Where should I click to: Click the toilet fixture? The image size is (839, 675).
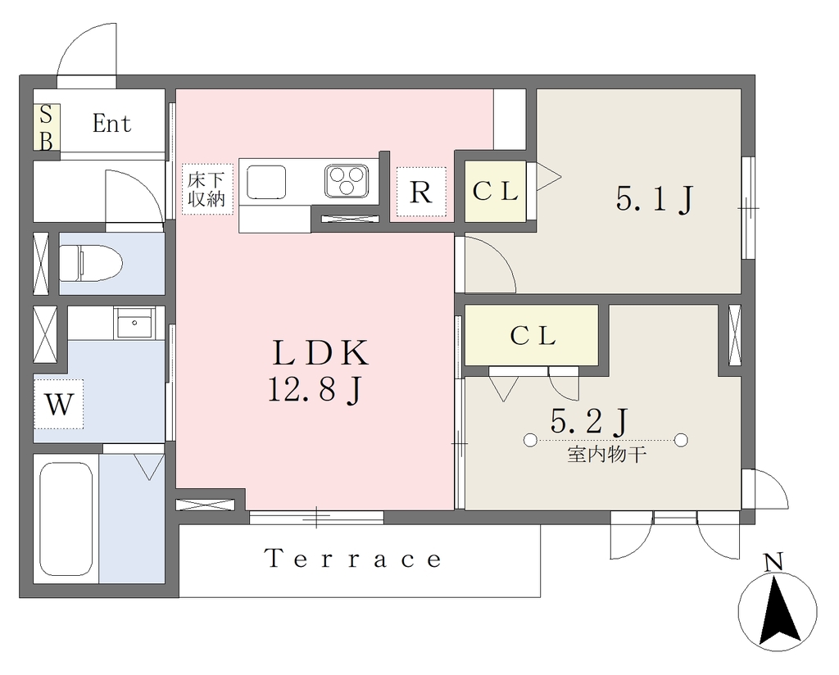(x=90, y=263)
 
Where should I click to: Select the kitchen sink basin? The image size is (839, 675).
(x=266, y=182)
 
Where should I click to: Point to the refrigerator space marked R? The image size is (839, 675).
(x=421, y=192)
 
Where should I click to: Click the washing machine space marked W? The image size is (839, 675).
(x=59, y=404)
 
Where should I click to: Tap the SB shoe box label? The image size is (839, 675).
(x=47, y=128)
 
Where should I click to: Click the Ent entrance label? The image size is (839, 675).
(x=111, y=124)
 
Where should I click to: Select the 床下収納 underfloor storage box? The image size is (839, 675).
(x=207, y=188)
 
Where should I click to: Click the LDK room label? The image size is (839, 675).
(x=320, y=353)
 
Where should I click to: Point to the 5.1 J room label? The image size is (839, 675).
(x=655, y=199)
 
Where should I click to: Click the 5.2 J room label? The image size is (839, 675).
(x=588, y=422)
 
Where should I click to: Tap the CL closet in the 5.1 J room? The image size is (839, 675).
(x=496, y=191)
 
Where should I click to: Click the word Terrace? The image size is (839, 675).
(x=354, y=559)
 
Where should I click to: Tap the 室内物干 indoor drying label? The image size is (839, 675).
(x=607, y=455)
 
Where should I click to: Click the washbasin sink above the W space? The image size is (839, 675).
(x=134, y=323)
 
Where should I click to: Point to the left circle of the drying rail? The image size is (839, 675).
(x=530, y=440)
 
